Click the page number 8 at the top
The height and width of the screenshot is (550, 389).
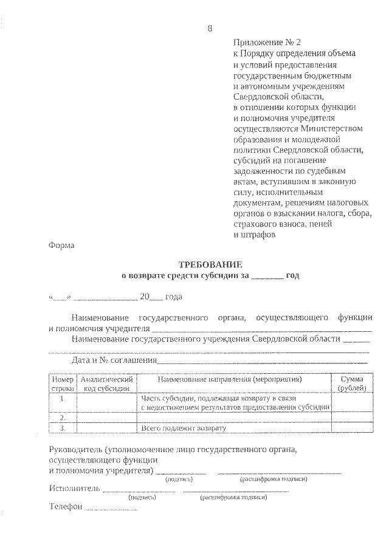click(x=210, y=28)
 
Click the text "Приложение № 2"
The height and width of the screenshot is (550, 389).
click(x=267, y=43)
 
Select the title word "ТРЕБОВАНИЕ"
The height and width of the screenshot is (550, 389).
click(x=210, y=265)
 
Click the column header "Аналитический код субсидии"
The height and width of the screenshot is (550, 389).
click(x=107, y=383)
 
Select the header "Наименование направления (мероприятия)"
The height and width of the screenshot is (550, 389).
click(x=235, y=379)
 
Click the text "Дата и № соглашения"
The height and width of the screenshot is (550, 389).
click(x=112, y=360)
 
